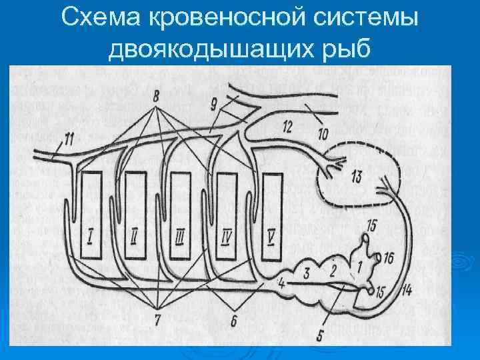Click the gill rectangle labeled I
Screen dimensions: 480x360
(91, 216)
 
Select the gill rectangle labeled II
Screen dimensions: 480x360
(135, 216)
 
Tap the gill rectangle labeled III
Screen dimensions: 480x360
(180, 216)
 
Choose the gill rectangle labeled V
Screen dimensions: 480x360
(271, 216)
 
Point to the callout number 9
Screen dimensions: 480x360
(214, 103)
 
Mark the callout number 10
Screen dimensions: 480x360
(323, 135)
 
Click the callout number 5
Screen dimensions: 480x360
(320, 335)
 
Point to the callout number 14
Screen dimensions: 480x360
(407, 289)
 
